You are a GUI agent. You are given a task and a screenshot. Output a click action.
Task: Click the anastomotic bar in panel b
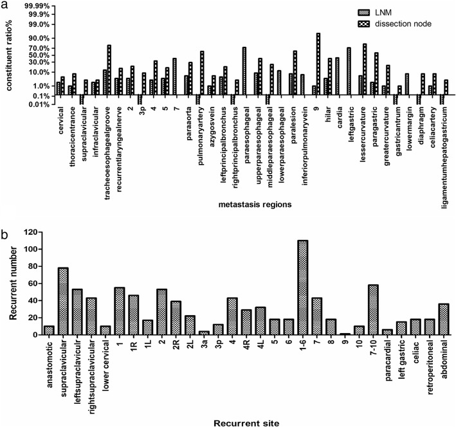point(49,330)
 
